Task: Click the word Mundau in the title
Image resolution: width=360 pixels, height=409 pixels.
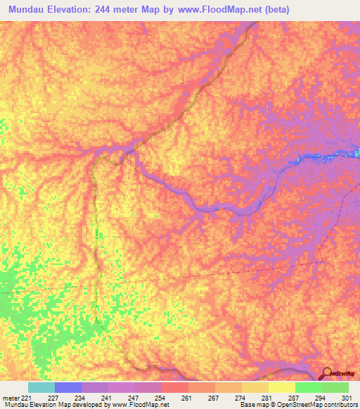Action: click(x=30, y=10)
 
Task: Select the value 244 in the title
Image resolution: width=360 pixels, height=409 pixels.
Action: click(x=118, y=10)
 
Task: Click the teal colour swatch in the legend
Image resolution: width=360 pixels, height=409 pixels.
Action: click(x=41, y=387)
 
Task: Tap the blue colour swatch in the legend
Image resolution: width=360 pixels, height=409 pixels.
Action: click(x=68, y=387)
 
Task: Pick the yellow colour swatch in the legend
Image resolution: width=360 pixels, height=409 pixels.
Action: click(x=281, y=387)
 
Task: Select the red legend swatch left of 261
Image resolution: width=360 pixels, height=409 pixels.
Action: click(x=174, y=387)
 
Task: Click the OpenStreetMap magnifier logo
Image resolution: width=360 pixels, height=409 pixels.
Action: click(x=328, y=374)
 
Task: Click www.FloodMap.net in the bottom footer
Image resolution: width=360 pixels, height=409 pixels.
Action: click(x=141, y=405)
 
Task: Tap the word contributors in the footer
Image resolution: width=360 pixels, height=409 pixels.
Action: click(x=340, y=405)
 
